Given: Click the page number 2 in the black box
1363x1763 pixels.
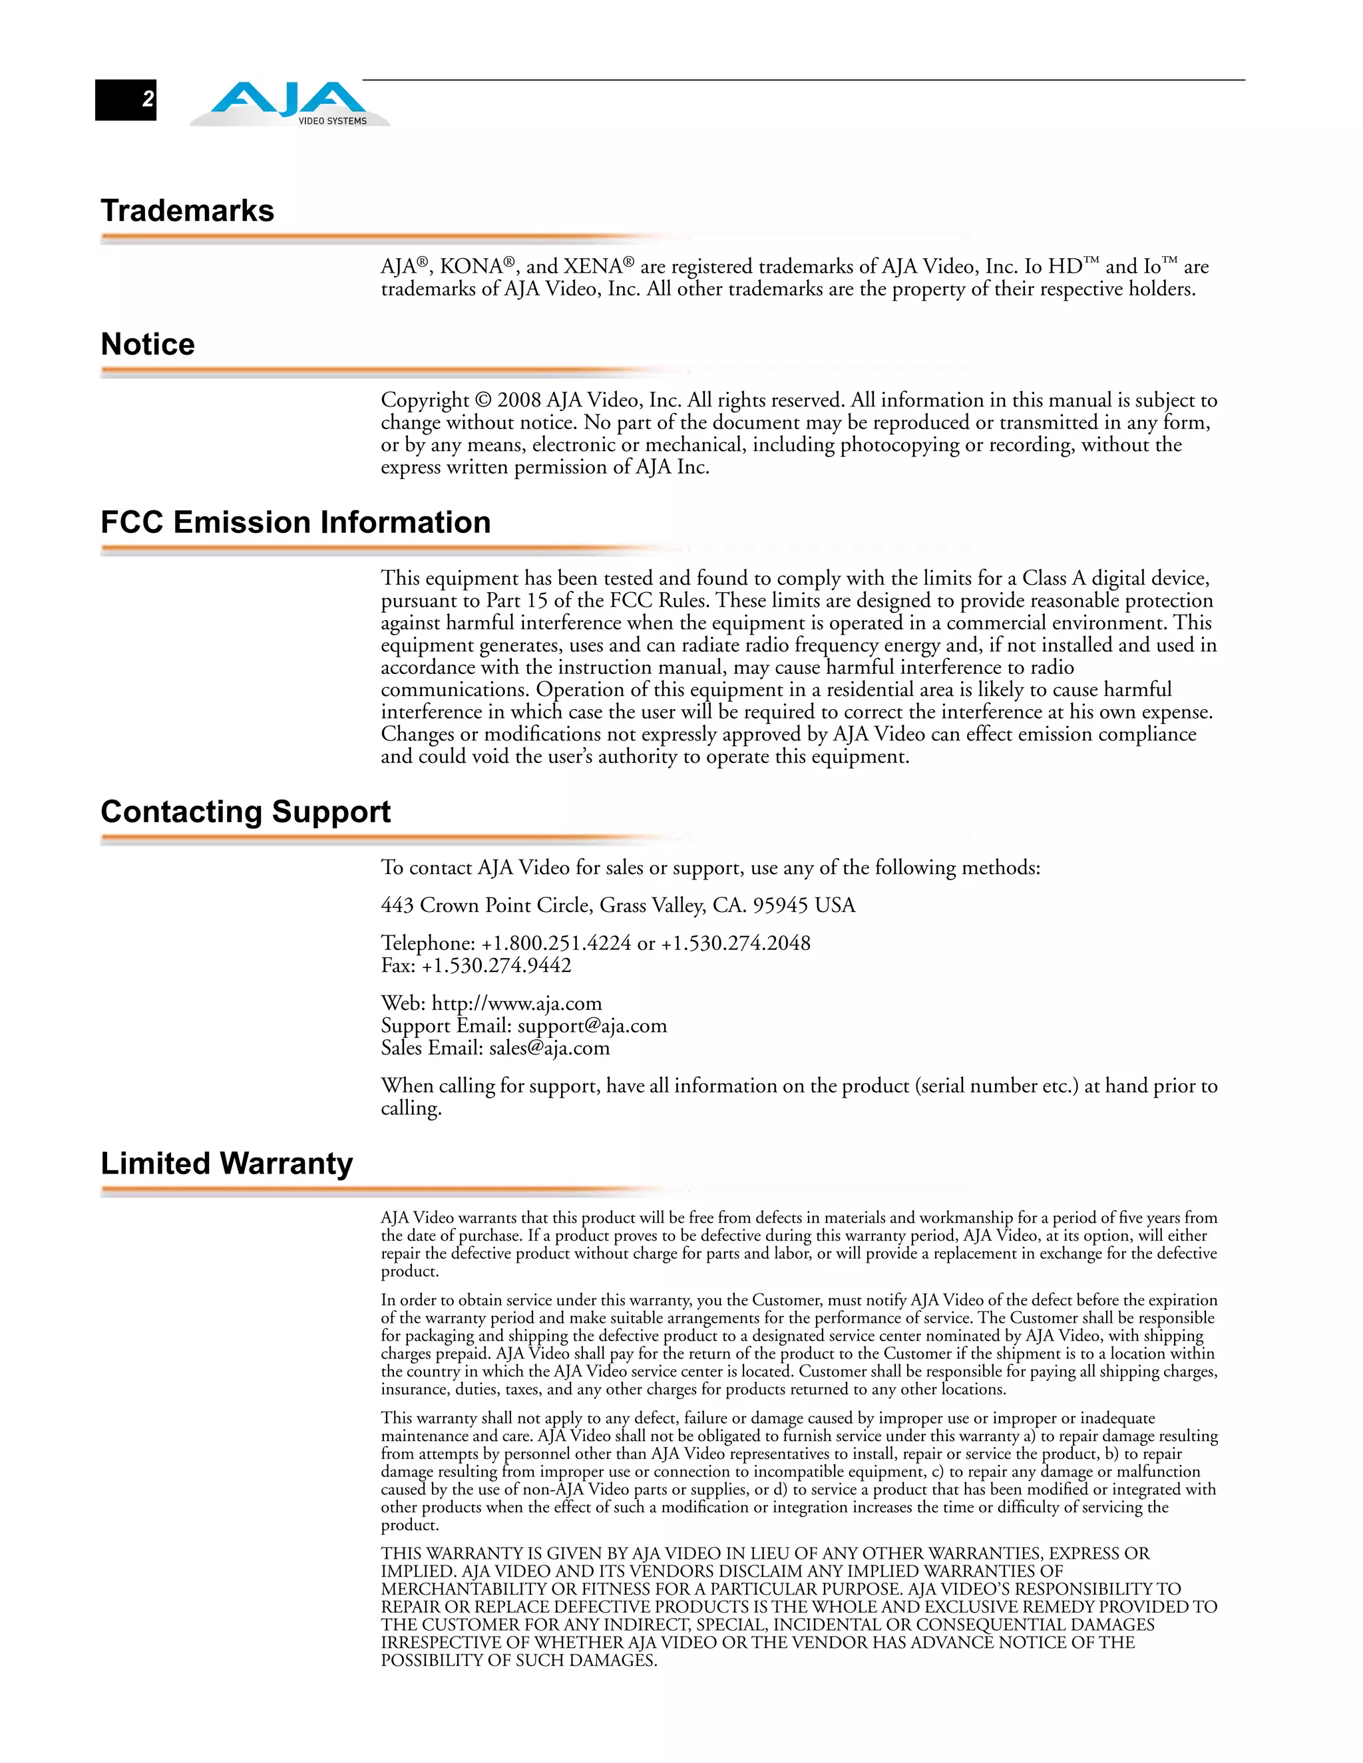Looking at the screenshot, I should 148,99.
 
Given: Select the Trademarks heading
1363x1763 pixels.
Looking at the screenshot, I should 187,211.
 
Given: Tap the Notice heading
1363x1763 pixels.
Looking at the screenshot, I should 148,345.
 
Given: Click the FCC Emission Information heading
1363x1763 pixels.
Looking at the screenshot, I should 295,522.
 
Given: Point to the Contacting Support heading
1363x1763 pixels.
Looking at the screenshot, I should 246,811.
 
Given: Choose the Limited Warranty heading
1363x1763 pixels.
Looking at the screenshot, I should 227,1163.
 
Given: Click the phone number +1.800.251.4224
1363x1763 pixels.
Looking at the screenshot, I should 556,943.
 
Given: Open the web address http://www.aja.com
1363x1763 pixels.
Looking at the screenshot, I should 516,1003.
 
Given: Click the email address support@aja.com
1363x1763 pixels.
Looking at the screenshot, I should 592,1026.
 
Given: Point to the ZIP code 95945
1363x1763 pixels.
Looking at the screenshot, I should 780,905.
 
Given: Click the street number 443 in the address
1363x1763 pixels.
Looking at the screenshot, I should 397,905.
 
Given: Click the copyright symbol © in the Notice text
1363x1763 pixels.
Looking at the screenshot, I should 483,401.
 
